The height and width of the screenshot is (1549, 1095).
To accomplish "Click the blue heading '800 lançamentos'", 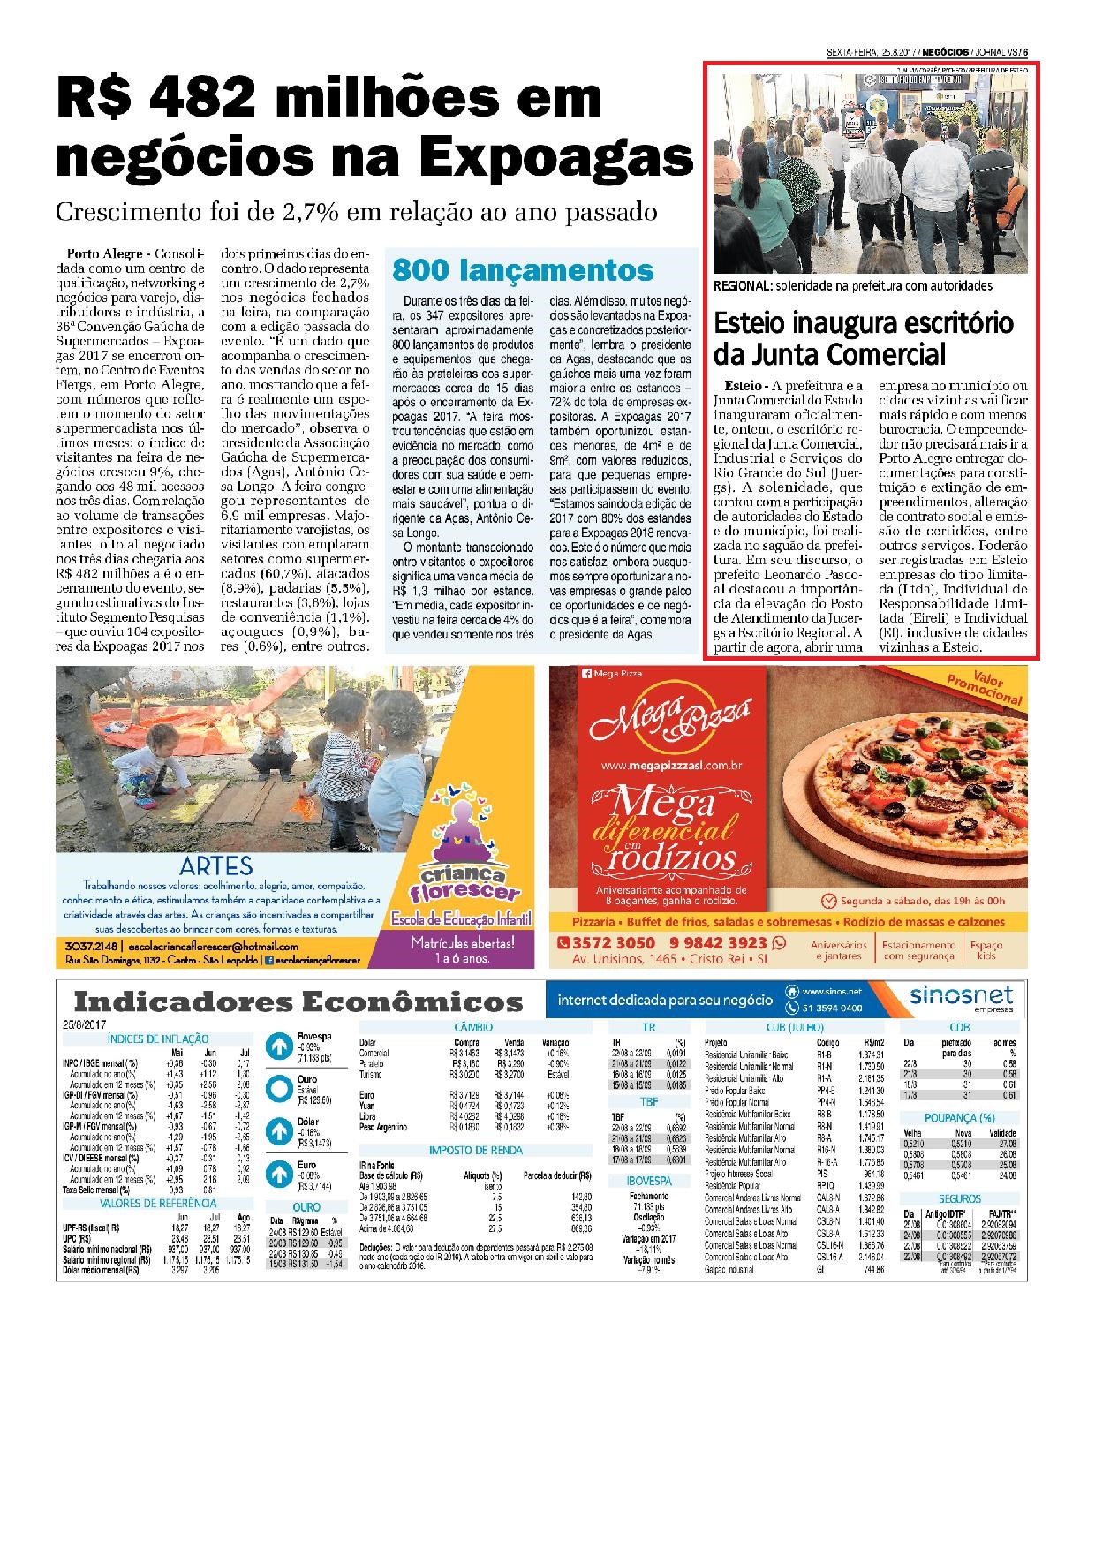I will tap(523, 268).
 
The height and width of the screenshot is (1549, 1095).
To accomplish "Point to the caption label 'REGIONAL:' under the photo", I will tap(743, 286).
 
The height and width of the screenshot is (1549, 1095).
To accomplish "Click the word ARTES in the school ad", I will tap(215, 866).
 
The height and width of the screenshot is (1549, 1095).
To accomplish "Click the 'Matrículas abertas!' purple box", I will tap(462, 949).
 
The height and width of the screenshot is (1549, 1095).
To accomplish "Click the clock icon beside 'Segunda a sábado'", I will tap(828, 902).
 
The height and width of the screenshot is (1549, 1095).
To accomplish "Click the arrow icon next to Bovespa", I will tap(280, 1047).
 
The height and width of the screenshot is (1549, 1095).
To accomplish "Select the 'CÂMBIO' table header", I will tap(473, 1027).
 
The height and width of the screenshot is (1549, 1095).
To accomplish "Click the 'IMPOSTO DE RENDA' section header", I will tap(475, 1151).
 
